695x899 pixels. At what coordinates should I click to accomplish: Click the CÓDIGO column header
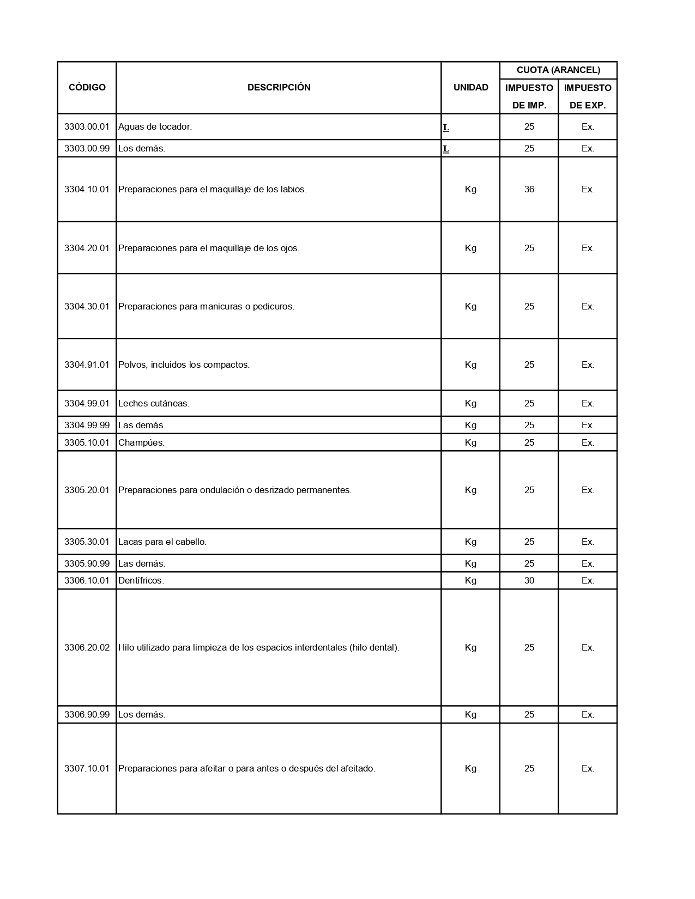[x=87, y=87]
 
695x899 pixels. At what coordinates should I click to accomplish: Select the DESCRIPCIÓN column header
[x=279, y=87]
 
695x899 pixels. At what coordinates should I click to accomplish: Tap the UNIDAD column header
[x=470, y=87]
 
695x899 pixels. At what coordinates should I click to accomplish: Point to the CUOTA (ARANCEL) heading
[x=558, y=70]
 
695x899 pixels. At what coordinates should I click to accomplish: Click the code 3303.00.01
[x=87, y=126]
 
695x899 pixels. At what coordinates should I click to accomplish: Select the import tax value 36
[x=529, y=189]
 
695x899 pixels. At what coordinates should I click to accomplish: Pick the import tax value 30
[x=529, y=580]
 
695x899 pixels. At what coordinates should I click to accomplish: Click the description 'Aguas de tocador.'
[x=155, y=126]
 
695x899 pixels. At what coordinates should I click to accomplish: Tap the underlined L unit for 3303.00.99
[x=446, y=149]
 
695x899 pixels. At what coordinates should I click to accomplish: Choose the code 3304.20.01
[x=87, y=248]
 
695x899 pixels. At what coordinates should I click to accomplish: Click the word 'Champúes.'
[x=141, y=442]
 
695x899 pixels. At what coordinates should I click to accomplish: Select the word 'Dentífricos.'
[x=141, y=580]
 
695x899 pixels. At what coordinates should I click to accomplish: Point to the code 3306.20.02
[x=87, y=647]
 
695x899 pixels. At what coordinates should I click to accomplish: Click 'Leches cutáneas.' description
[x=154, y=403]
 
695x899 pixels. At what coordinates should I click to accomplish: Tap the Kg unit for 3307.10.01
[x=470, y=768]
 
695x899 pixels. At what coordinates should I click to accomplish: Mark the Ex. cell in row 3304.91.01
[x=588, y=365]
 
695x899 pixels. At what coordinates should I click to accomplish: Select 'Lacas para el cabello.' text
[x=162, y=542]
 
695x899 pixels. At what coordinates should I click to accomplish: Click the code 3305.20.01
[x=87, y=490]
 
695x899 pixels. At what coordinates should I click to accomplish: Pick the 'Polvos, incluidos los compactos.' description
[x=184, y=365]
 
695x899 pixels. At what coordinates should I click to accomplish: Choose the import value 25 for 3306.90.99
[x=529, y=714]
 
